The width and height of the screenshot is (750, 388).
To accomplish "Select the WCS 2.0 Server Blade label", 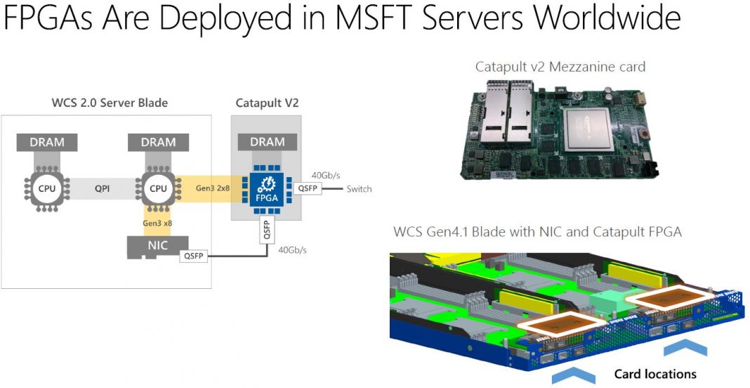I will pyautogui.click(x=110, y=103).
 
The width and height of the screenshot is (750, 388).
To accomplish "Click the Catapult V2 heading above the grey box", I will pyautogui.click(x=267, y=103).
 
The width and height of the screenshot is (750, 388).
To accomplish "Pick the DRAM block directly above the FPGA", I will pyautogui.click(x=268, y=143).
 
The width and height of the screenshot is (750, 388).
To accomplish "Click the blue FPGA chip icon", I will pyautogui.click(x=268, y=189).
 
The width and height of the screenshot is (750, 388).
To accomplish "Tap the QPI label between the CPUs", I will pyautogui.click(x=103, y=189).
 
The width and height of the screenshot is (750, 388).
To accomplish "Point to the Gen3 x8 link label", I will pyautogui.click(x=158, y=222).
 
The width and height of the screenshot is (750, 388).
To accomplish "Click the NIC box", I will pyautogui.click(x=158, y=246).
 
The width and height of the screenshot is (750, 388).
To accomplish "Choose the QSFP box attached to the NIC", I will pyautogui.click(x=193, y=257).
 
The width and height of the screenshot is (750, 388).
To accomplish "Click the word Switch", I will pyautogui.click(x=359, y=189).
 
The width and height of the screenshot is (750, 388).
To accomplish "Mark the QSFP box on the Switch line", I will pyautogui.click(x=309, y=189).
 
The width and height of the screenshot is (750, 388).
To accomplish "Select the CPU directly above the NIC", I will pyautogui.click(x=158, y=189).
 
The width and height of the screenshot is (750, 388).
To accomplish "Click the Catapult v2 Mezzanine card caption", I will pyautogui.click(x=560, y=67).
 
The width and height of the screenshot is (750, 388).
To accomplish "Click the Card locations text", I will pyautogui.click(x=655, y=374).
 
